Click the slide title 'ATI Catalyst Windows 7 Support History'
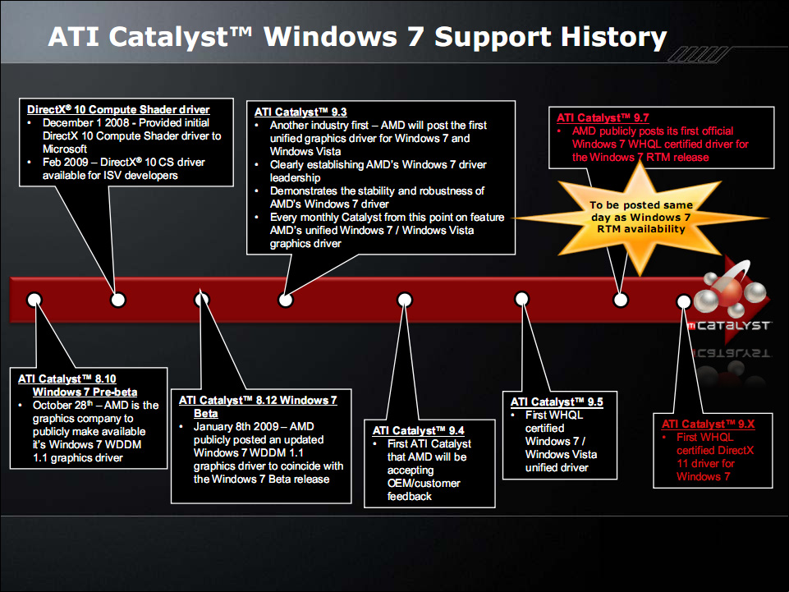(357, 37)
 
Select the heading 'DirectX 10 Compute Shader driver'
(118, 109)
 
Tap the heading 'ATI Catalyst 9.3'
(300, 112)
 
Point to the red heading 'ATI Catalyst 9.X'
(708, 424)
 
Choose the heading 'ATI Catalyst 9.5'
(557, 402)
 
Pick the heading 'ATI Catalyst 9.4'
(419, 430)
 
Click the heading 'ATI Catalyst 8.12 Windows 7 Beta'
(257, 406)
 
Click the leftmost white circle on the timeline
(34, 300)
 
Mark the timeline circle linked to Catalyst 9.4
(404, 300)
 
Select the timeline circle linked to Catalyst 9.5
(520, 300)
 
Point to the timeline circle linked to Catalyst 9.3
(285, 300)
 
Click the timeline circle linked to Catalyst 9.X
(683, 301)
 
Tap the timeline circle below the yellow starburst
(622, 300)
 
